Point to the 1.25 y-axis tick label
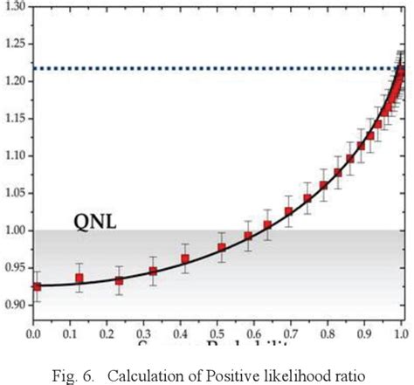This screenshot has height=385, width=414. (x=14, y=44)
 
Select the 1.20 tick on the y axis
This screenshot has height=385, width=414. (x=14, y=81)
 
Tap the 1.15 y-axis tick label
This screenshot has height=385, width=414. (x=14, y=119)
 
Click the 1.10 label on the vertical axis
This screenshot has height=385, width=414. (x=14, y=156)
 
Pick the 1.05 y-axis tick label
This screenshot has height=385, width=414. (x=14, y=194)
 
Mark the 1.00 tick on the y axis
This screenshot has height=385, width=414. (x=14, y=231)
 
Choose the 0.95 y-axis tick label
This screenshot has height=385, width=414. (x=14, y=269)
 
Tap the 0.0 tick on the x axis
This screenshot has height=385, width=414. (x=34, y=333)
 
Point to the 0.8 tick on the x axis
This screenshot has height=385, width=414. (x=328, y=333)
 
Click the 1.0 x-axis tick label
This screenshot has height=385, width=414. (x=401, y=333)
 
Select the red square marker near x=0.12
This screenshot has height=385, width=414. (x=79, y=278)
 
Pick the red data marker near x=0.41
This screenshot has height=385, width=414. (x=185, y=258)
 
